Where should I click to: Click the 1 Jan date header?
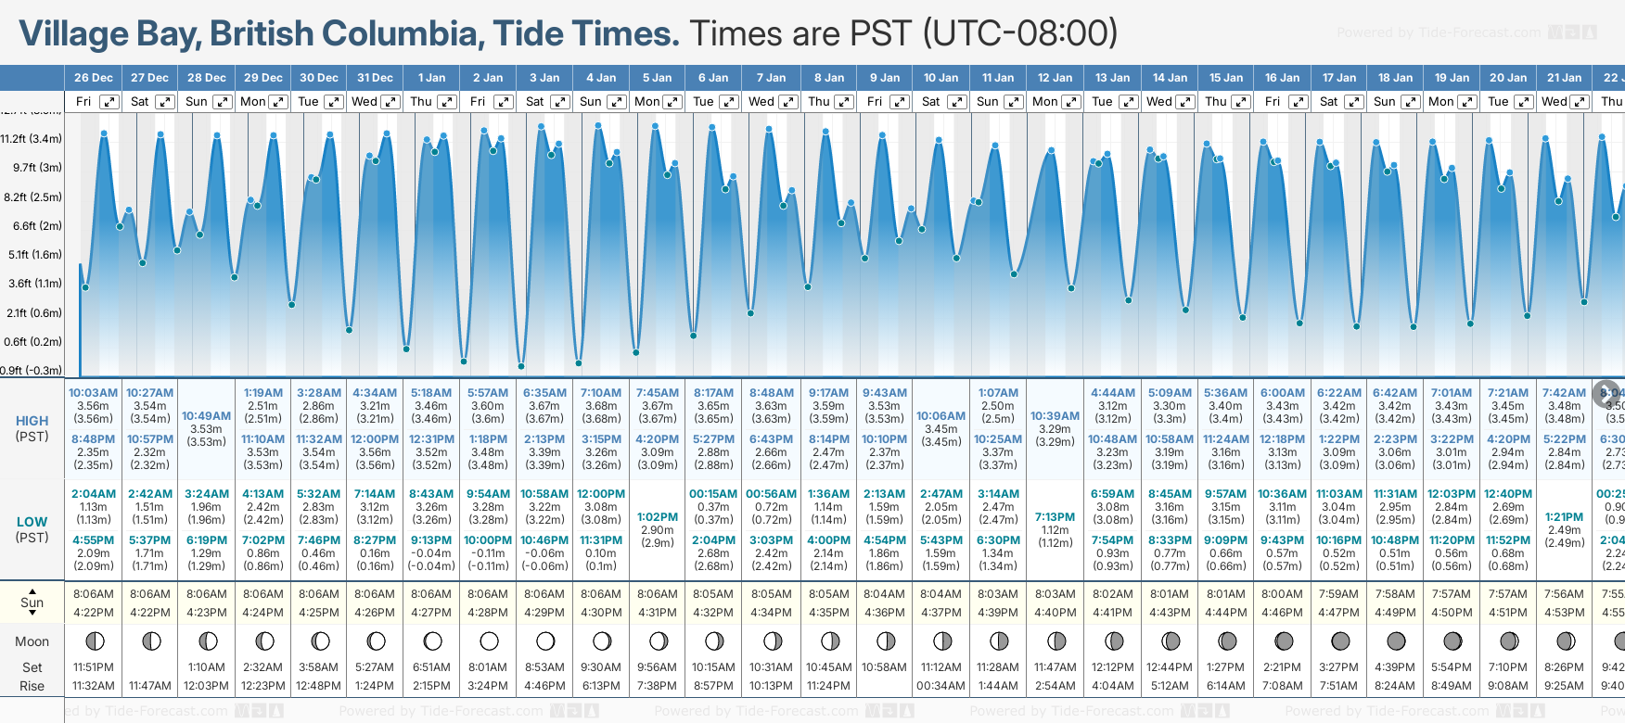431,78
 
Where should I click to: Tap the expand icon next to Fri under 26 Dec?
109,102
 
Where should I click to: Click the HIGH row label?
32,421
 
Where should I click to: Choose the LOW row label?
32,522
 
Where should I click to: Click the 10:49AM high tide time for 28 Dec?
206,416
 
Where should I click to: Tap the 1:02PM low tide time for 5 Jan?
657,517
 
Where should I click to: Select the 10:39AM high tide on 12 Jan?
1055,416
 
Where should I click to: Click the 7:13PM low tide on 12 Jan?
1055,517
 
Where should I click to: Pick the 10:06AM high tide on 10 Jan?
940,416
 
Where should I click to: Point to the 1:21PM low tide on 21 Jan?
1564,517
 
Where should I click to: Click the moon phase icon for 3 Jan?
545,641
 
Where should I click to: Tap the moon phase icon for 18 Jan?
1396,641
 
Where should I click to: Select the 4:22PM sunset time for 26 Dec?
94,613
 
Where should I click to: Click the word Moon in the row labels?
32,641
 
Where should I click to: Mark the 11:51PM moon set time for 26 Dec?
94,667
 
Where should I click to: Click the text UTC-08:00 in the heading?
1019,34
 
